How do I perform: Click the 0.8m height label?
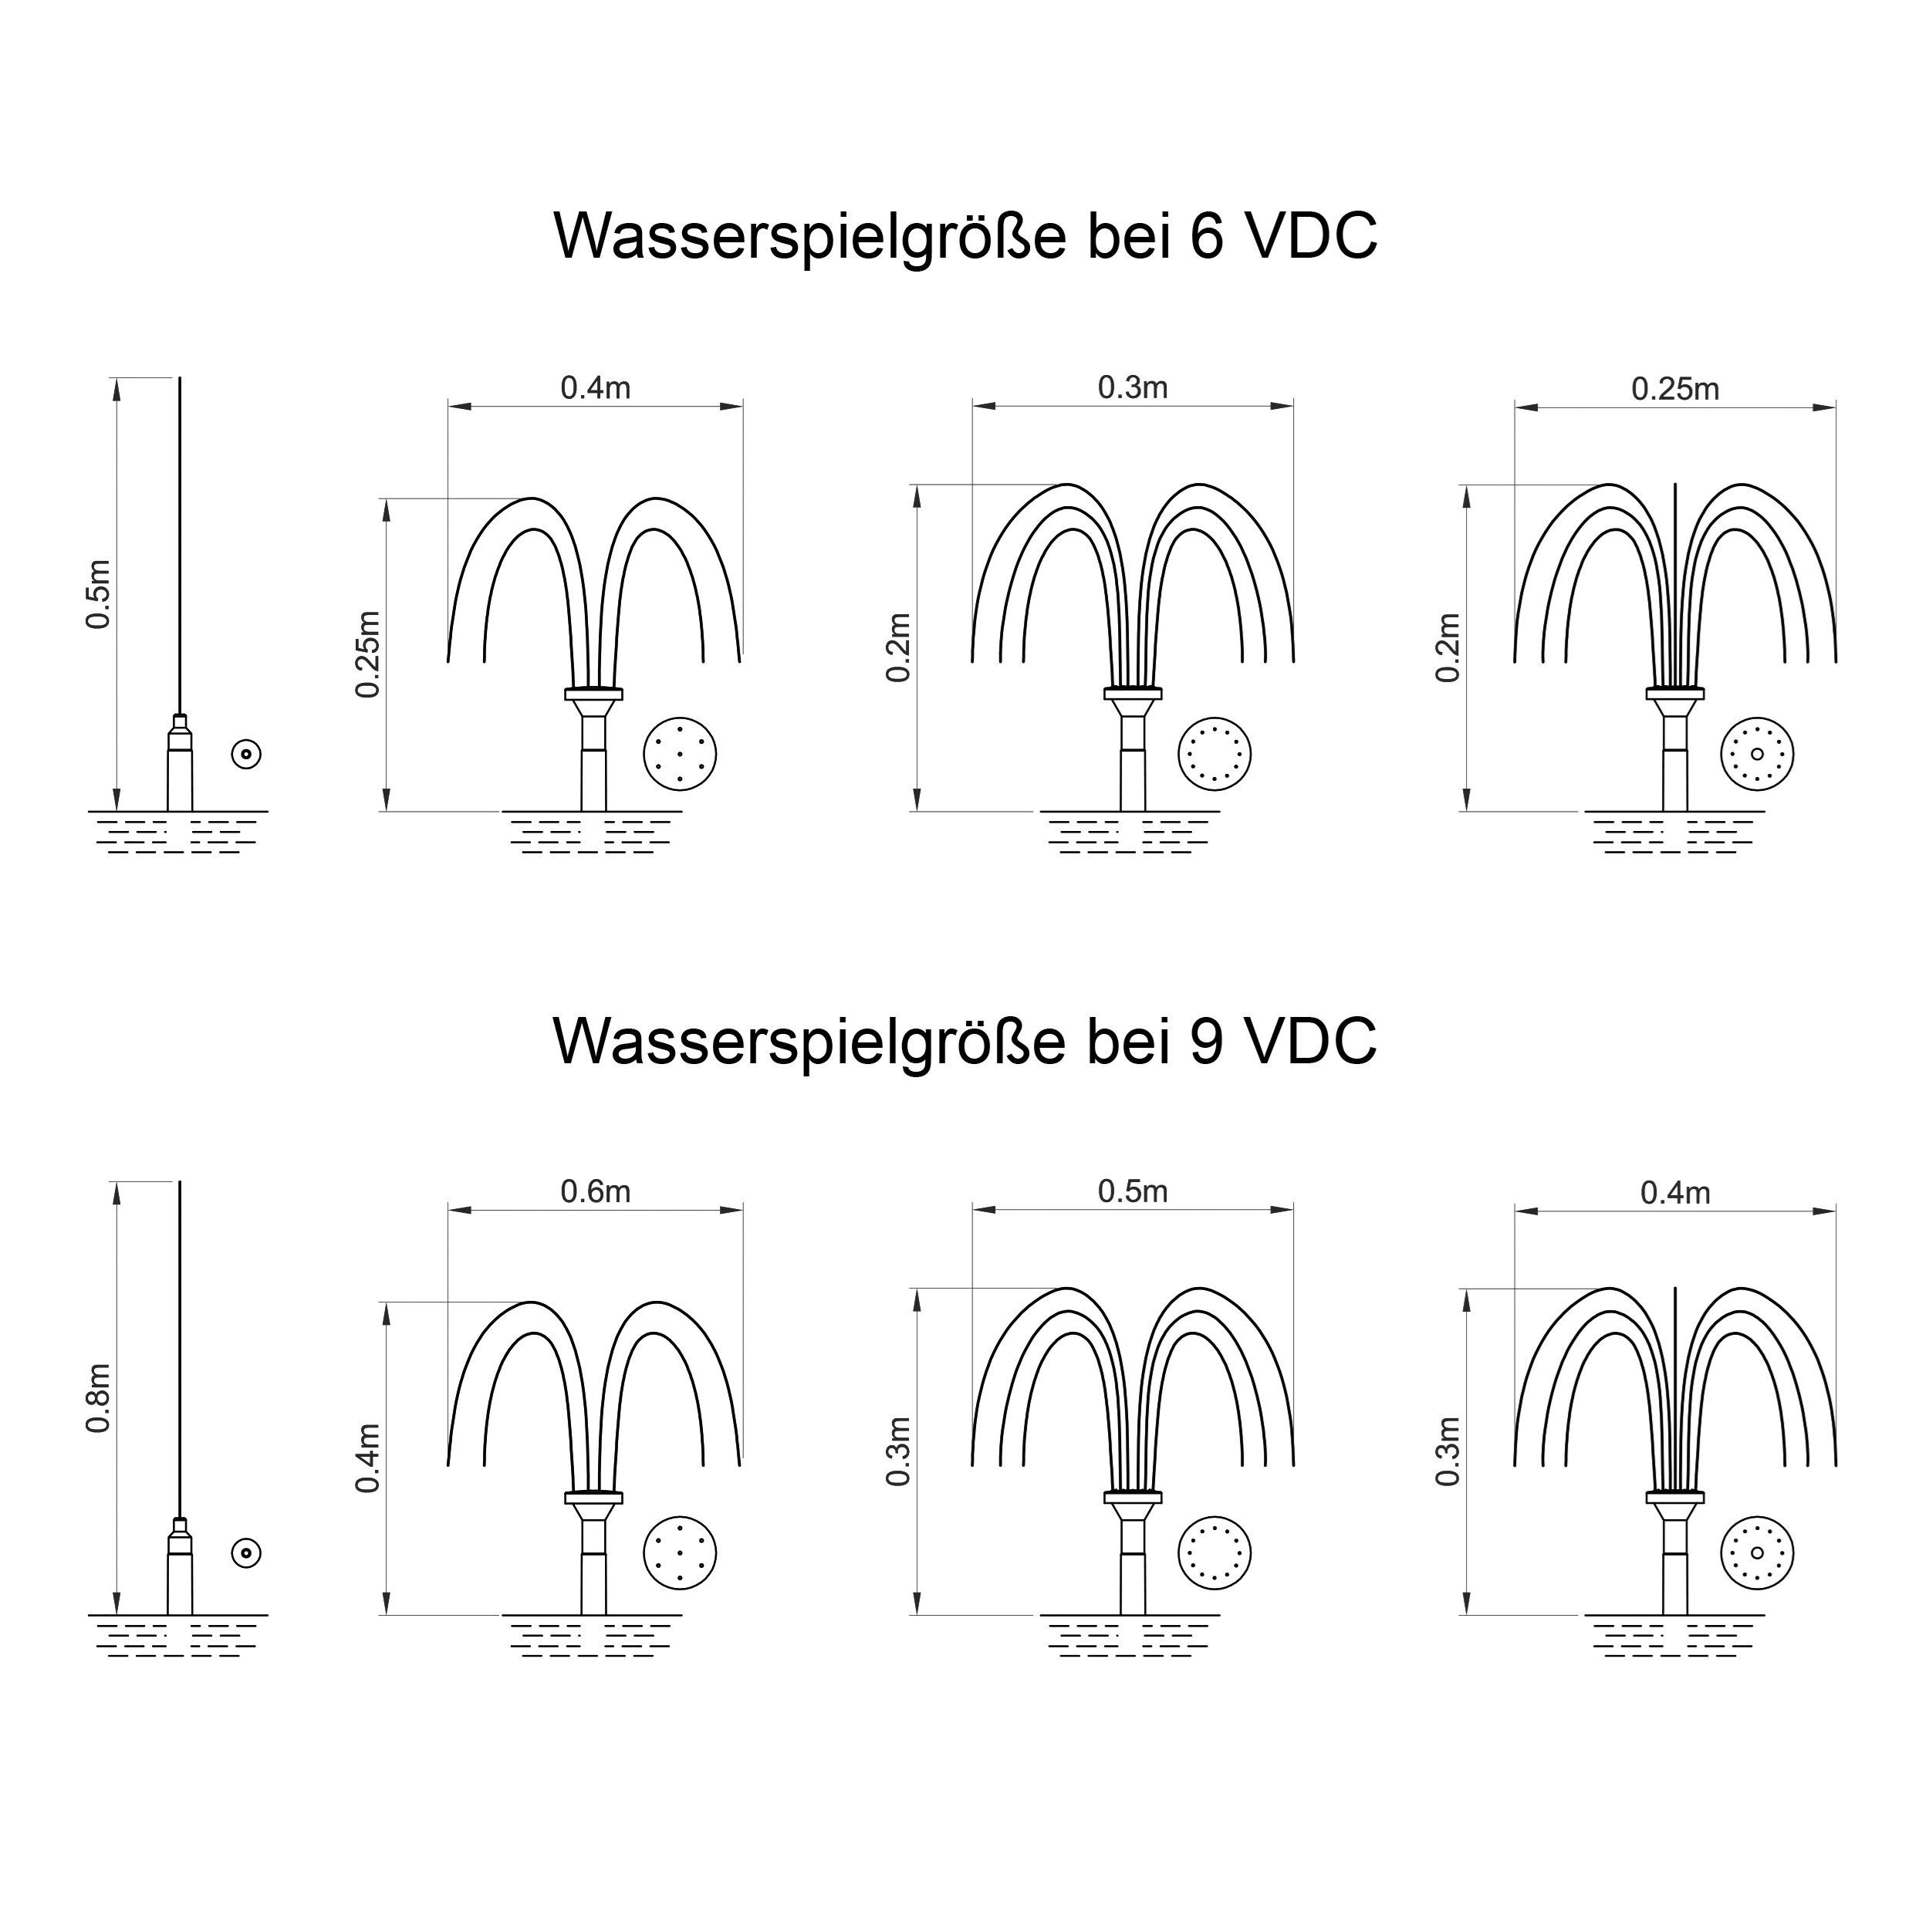98,1399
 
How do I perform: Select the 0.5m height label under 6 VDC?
98,593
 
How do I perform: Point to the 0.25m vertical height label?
367,655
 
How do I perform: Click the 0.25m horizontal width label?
1675,388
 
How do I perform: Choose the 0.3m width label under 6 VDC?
1132,387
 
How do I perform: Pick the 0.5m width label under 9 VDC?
1132,1191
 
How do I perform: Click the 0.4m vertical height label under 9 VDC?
367,1459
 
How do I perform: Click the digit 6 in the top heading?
1206,237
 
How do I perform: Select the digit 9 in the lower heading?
1206,1040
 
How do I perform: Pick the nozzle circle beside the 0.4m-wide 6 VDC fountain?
680,754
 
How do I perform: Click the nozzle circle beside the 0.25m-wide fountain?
1757,754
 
